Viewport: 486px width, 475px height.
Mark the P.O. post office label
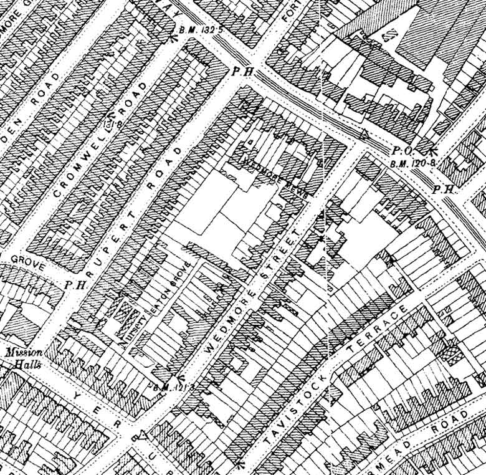[399, 151]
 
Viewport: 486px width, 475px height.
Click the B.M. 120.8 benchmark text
[409, 163]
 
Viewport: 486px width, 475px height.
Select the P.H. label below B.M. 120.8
[442, 189]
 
